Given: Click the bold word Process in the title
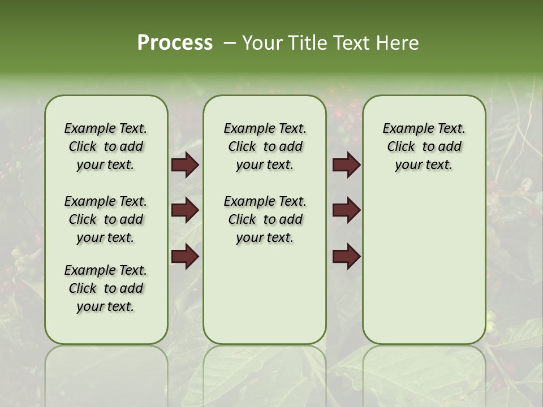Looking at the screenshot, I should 175,42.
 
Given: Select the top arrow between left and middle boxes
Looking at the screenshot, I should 185,165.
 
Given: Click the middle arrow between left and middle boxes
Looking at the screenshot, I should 185,210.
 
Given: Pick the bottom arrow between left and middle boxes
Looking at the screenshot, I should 185,257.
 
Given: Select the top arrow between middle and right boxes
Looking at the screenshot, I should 347,165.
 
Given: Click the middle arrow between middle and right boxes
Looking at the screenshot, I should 347,210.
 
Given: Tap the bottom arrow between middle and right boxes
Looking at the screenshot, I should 347,257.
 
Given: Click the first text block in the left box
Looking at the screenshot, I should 106,146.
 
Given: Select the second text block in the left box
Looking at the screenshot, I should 106,219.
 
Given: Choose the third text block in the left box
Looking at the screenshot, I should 106,288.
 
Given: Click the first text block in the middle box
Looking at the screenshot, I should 265,146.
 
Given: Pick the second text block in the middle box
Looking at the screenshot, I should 265,219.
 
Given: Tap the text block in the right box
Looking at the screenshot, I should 424,146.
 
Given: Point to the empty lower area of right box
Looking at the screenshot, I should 424,266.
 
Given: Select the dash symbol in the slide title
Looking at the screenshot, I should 230,42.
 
